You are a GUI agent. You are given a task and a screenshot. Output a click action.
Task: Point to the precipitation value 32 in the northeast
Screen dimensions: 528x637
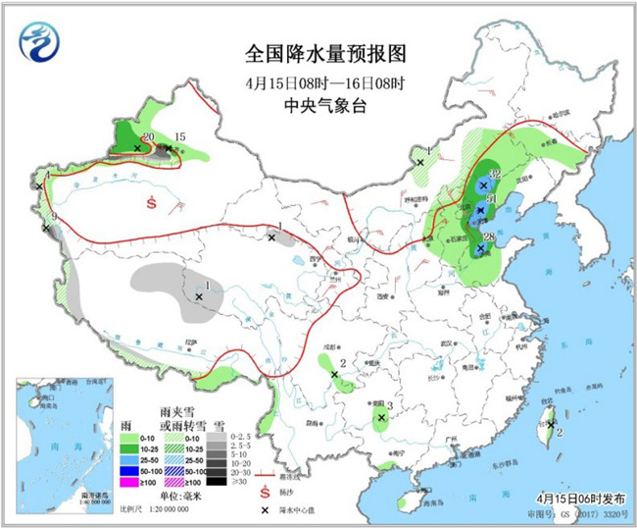point(494,174)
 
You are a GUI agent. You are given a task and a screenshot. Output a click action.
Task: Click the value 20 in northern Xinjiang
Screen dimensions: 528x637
point(148,137)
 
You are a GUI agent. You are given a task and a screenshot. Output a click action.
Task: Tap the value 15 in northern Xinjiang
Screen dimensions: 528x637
point(179,137)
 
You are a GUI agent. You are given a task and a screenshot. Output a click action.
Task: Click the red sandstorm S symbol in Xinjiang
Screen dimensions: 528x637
point(151,203)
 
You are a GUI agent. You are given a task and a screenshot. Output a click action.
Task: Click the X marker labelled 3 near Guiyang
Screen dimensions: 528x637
point(380,417)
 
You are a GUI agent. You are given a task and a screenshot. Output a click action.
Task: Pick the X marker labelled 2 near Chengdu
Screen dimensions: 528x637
point(335,375)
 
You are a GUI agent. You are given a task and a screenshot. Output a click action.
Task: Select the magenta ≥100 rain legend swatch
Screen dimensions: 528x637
point(127,482)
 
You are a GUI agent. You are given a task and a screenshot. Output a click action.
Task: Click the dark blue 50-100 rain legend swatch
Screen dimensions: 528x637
point(127,471)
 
